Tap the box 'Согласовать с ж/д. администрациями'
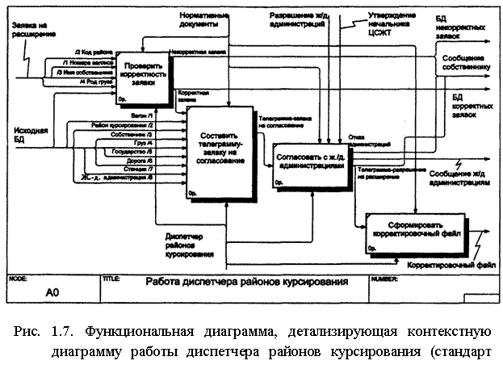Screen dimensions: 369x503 (x=310, y=159)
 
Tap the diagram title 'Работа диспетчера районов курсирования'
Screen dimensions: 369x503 (x=247, y=283)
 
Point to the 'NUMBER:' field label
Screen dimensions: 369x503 (x=384, y=277)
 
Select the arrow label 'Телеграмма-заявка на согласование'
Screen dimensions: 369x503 (x=282, y=122)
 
